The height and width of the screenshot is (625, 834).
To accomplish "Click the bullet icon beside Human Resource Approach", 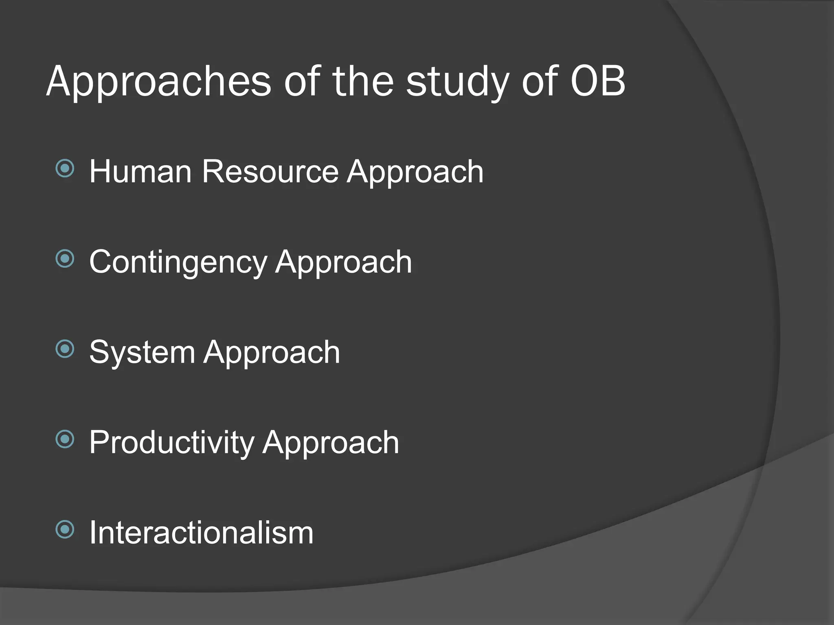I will [x=65, y=168].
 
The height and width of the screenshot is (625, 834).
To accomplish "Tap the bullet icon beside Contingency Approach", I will [x=65, y=259].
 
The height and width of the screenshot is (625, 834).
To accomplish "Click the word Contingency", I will [x=178, y=263].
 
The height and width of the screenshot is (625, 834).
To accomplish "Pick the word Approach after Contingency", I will [x=343, y=263].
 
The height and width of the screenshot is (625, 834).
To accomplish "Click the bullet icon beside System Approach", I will [x=65, y=349].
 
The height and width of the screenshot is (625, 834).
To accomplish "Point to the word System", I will [x=142, y=353].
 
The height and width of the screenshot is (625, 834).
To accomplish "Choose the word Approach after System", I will [x=272, y=353].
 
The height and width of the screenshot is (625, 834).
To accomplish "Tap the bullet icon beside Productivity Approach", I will [x=65, y=439].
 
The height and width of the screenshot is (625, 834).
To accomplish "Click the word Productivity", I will [x=171, y=443].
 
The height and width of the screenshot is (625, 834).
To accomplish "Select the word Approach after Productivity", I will [x=331, y=444].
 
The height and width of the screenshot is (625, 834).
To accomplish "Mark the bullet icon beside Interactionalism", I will [x=65, y=530].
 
